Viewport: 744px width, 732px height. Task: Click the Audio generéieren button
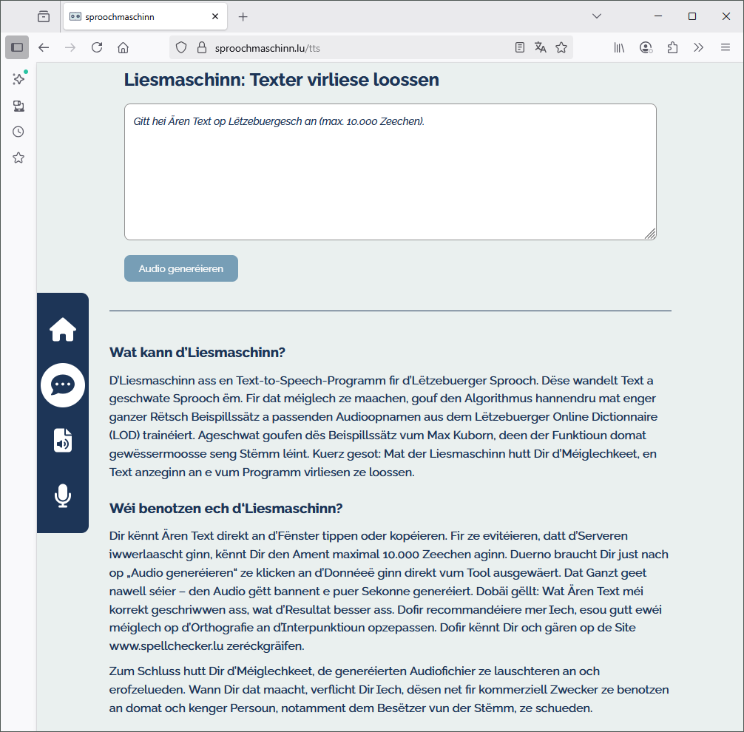tap(180, 268)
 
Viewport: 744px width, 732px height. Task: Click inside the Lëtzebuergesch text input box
tap(390, 172)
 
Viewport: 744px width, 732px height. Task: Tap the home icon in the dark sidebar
tap(63, 329)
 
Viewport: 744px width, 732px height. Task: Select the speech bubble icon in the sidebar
tap(63, 384)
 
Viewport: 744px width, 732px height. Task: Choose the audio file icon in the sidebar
tap(63, 440)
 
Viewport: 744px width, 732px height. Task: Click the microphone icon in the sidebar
tap(63, 495)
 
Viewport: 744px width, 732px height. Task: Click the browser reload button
tap(96, 47)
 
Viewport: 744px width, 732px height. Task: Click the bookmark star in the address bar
tap(561, 47)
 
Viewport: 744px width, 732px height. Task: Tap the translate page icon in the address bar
tap(541, 47)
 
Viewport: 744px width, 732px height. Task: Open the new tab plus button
tap(243, 16)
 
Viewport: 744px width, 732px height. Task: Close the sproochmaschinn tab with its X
tap(215, 16)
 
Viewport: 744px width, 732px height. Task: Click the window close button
tap(726, 16)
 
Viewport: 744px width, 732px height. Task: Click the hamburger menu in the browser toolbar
tap(726, 47)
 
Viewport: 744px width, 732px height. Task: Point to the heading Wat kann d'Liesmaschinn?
tap(197, 352)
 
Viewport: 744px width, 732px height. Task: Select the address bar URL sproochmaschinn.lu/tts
tap(268, 47)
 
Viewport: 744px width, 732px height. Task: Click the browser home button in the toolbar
tap(123, 47)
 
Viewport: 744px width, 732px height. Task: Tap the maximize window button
tap(692, 16)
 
